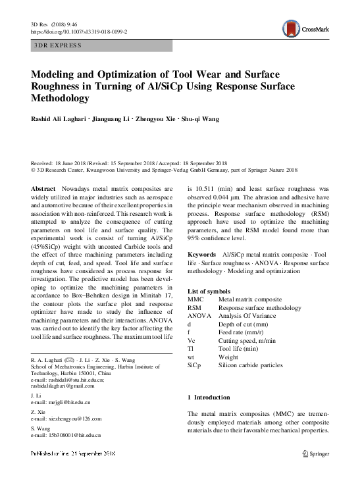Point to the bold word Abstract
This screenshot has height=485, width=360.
43,188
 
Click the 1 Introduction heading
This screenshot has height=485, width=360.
209,397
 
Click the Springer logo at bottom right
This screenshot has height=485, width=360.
315,453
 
